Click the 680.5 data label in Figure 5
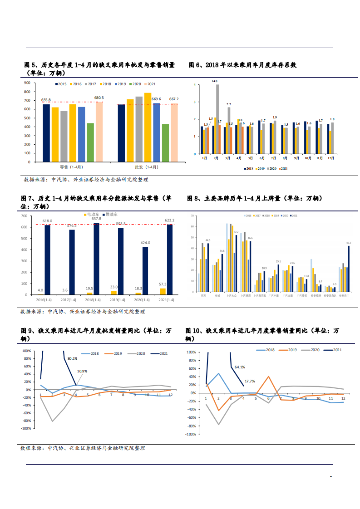pos(99,98)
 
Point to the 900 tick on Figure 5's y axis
pos(27,83)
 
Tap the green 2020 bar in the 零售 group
pos(90,142)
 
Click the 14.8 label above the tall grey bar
pos(214,81)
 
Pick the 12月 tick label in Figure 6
pos(331,158)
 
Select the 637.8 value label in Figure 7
pos(97,219)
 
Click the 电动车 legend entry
pos(92,214)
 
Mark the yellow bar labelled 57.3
pos(163,291)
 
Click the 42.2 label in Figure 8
pos(348,243)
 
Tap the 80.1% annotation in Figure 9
pos(72,358)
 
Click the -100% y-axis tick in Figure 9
pos(25,428)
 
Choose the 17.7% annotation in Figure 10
pos(250,381)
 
